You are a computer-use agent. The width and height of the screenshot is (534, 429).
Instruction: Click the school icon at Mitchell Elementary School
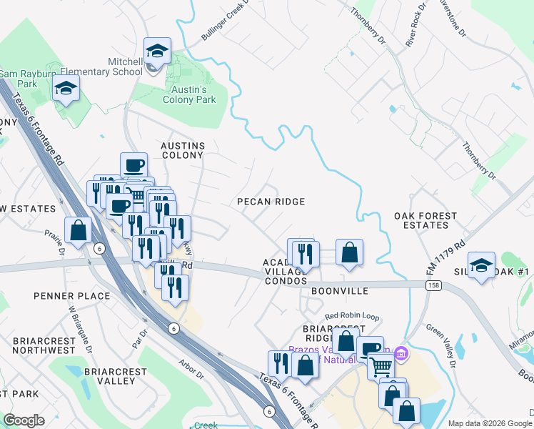tap(157, 51)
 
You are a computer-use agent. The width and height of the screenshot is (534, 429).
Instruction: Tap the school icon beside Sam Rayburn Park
tap(66, 88)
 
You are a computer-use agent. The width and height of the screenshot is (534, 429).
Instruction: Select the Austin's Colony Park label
tap(189, 94)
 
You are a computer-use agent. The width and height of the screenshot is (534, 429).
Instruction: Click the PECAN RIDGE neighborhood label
tap(271, 202)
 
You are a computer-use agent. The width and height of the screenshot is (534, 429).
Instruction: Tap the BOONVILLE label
tap(339, 291)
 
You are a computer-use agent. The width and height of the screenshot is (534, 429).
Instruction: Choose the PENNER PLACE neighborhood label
tap(71, 295)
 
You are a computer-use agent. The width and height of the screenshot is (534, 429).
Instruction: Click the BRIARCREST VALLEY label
tap(115, 376)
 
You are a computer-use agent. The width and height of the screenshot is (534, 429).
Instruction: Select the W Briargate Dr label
tap(80, 328)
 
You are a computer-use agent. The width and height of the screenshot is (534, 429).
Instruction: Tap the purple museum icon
tap(400, 352)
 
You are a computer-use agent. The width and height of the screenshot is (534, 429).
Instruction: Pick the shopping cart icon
tap(381, 367)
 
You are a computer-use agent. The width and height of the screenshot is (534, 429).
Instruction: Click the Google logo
tap(24, 420)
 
